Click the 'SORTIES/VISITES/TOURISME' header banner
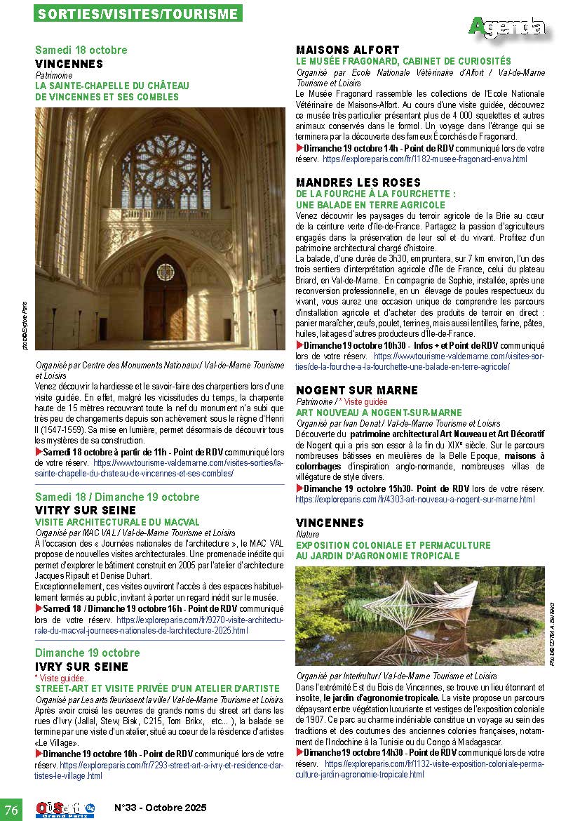[139, 13]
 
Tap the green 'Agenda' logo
[507, 27]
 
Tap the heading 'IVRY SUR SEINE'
[81, 667]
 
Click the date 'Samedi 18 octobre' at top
[81, 51]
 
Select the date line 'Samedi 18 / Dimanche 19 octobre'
[118, 497]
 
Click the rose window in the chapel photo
[166, 171]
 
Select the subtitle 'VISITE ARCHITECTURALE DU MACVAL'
[107, 522]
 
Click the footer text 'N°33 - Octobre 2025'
[161, 808]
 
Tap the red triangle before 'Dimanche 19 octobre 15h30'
[299, 488]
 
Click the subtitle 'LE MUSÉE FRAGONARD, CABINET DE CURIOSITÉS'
[403, 61]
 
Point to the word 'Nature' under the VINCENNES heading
[308, 534]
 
